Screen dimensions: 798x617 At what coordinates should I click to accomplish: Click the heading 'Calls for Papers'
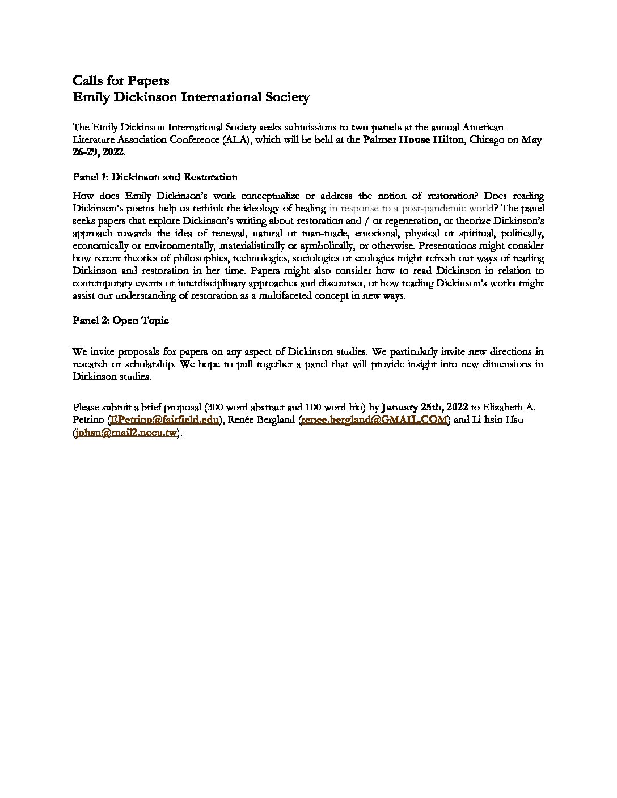121,80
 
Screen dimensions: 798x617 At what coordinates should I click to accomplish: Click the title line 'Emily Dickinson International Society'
191,97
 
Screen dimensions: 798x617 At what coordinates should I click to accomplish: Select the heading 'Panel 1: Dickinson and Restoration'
155,176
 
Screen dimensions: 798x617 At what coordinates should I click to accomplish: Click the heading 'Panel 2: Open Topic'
121,320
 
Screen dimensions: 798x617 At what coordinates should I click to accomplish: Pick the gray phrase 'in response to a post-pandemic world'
411,208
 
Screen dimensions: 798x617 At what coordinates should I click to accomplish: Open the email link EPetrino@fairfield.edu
166,419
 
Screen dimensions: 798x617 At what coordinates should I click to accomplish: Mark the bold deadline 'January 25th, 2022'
425,407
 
